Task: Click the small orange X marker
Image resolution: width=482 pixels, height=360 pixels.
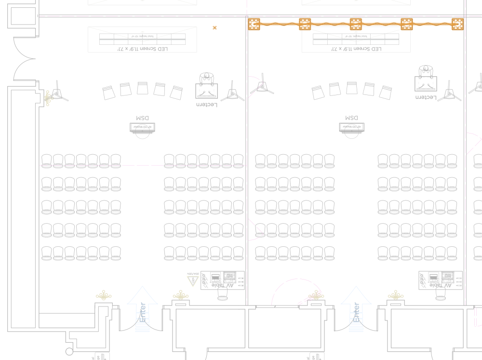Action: coord(214,28)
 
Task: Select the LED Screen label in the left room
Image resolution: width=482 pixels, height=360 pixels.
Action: coord(143,49)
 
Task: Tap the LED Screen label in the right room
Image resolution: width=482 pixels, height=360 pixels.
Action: coord(356,49)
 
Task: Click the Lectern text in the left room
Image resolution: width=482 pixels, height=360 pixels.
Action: coord(207,105)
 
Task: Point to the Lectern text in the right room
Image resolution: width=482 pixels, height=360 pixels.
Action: coord(426,97)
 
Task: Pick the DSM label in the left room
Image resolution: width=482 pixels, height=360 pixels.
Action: coord(142,118)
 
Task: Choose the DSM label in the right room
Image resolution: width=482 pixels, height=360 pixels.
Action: coord(351,118)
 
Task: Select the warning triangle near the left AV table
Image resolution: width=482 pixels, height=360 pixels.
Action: coord(193,280)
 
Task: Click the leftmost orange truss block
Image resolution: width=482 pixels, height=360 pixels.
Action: coord(254,24)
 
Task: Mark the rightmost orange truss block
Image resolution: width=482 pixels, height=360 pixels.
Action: coord(457,24)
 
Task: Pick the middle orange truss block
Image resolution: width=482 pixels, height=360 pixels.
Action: coord(356,24)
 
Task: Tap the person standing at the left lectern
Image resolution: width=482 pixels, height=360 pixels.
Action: coord(207,77)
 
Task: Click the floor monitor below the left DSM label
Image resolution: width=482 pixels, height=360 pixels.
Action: coord(142,128)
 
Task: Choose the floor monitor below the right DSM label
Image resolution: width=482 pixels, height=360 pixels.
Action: coord(351,128)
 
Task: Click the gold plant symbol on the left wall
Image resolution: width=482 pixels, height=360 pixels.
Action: coord(48,97)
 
